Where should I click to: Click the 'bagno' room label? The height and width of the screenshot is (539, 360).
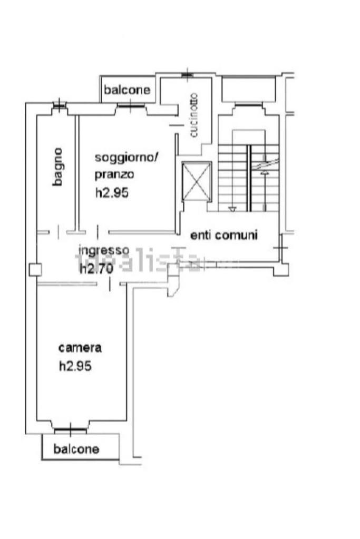pos(58,166)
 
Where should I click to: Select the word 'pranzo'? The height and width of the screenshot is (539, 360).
pos(114,174)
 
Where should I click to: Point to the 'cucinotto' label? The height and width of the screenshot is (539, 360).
pos(194,115)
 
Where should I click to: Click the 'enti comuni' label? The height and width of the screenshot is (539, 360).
pos(224,235)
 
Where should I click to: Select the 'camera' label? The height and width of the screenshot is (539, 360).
pos(80,348)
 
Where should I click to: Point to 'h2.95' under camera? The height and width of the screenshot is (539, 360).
pos(75,366)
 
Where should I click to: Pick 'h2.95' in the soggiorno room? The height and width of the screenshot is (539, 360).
pos(112,193)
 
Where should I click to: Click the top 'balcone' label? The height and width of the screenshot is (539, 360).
pos(127,90)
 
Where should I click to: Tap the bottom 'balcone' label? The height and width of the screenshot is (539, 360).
pos(76,449)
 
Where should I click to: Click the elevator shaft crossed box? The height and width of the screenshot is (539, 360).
pos(196,182)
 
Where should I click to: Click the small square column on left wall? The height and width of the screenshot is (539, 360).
pos(35,270)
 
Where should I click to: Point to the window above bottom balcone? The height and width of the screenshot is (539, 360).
pos(71,430)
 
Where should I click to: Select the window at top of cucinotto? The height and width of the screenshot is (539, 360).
pos(187,75)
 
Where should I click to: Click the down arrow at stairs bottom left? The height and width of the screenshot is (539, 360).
pos(231,209)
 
